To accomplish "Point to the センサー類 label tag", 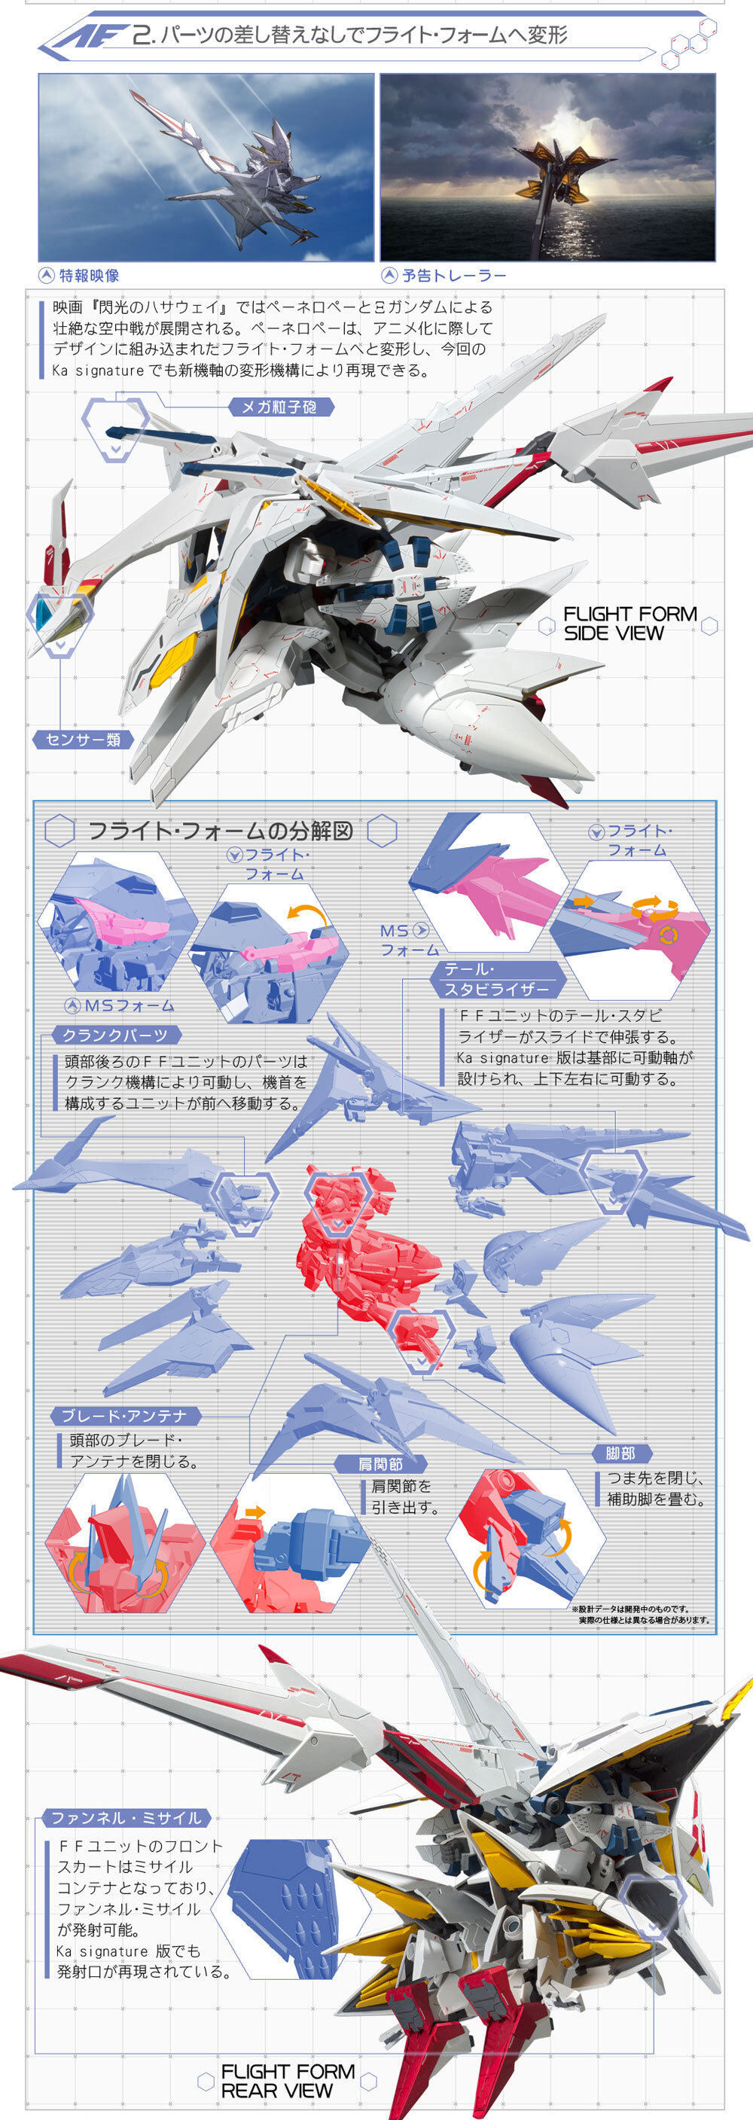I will [x=83, y=739].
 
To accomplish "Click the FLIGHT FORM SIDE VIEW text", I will [x=630, y=623].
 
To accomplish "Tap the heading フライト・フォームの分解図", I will [x=220, y=831].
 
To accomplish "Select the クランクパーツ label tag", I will [x=115, y=1036].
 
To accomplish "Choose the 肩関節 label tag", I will [x=380, y=1464].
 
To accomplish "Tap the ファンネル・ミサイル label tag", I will [x=126, y=1817].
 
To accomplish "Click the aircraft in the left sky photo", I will [x=239, y=165].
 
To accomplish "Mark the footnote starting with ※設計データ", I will [x=642, y=1614].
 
